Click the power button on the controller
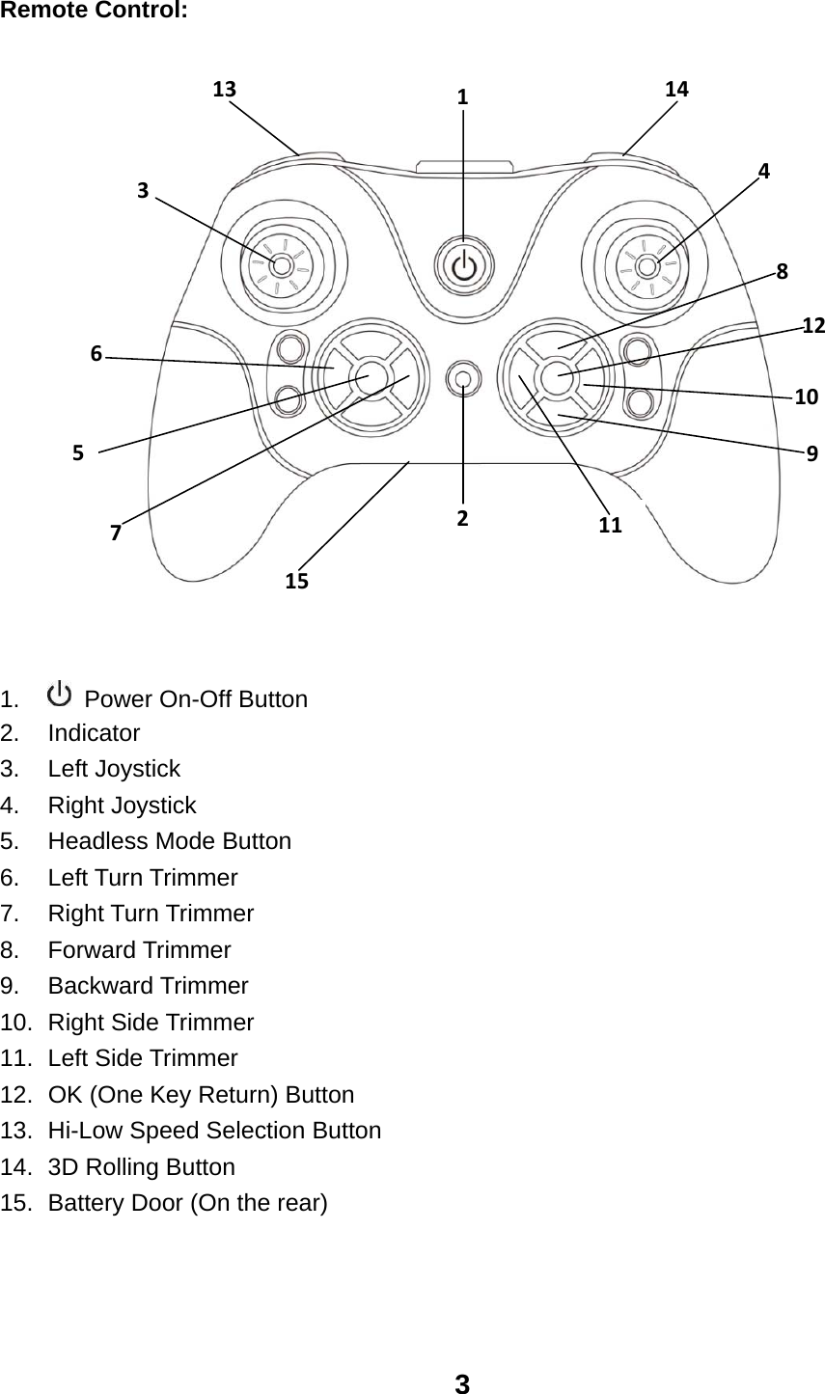tap(464, 265)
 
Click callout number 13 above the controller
tap(224, 90)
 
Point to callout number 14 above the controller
tap(676, 89)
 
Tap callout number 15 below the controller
tap(296, 581)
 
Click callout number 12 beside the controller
tap(812, 325)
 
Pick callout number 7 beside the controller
tap(116, 532)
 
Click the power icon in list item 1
tap(60, 694)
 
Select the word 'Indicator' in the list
tap(94, 733)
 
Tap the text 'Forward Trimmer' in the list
tap(139, 950)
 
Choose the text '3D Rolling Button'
tap(141, 1167)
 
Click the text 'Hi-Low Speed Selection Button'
tap(214, 1131)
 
